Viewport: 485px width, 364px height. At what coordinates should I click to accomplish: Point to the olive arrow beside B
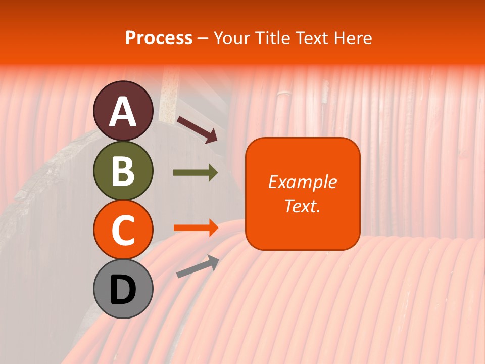[x=196, y=173]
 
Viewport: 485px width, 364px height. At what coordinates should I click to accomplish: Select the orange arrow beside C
[x=196, y=227]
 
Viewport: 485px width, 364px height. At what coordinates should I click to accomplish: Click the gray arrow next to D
[x=198, y=266]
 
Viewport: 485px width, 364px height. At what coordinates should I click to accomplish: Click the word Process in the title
[x=159, y=38]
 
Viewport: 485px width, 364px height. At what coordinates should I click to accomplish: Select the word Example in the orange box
[x=303, y=182]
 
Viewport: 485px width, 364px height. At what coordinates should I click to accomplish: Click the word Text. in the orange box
[x=303, y=206]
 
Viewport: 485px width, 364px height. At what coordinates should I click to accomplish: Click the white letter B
[x=123, y=171]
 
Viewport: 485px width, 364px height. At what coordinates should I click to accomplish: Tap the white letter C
[x=123, y=230]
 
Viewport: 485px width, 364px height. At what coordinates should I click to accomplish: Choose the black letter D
[x=123, y=290]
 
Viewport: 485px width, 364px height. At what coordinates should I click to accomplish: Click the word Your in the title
[x=233, y=38]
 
